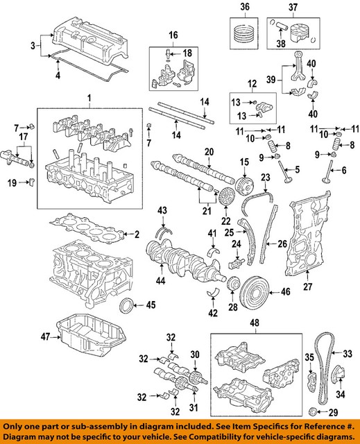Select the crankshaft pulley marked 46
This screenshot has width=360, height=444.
pos(255,293)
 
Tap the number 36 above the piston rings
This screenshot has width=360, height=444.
pos(245,6)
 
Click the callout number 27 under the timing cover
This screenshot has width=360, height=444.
pos(308,287)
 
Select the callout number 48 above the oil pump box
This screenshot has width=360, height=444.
pos(255,323)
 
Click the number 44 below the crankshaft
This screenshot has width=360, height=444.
pos(160,280)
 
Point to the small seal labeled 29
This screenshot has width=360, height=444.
pos(313,411)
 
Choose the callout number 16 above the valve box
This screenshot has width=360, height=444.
pos(173,35)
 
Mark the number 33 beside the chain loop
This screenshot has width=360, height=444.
pos(347,353)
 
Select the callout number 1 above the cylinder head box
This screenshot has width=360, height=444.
pos(89,99)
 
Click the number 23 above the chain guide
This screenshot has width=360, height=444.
pos(266,178)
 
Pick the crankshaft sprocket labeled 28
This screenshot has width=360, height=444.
pos(233,284)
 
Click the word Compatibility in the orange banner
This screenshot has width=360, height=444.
pos(225,436)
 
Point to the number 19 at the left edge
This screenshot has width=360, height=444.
pos(12,183)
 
